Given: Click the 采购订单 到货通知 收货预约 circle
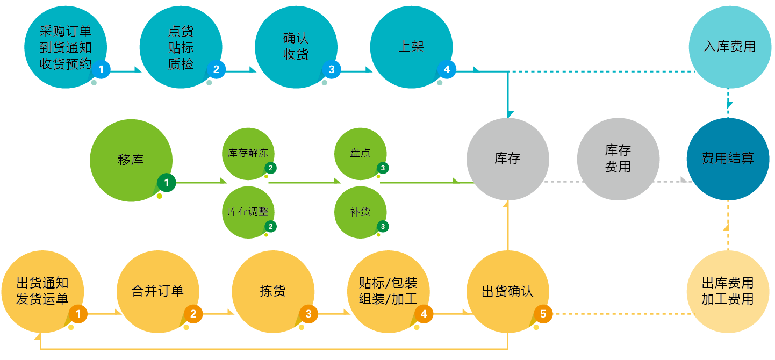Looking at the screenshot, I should pyautogui.click(x=66, y=47).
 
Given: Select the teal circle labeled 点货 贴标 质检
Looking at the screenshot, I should pyautogui.click(x=181, y=47).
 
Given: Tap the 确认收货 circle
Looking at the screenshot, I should pyautogui.click(x=296, y=47).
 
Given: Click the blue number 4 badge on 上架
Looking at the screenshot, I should pyautogui.click(x=447, y=69).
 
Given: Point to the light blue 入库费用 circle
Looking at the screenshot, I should pyautogui.click(x=730, y=47).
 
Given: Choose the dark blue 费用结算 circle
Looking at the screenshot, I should pyautogui.click(x=728, y=159).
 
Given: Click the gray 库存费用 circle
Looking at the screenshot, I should pyautogui.click(x=618, y=159).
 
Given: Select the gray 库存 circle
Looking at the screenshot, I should pyautogui.click(x=507, y=159).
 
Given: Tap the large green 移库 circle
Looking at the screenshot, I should pyautogui.click(x=131, y=160).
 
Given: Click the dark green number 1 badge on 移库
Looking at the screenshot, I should pyautogui.click(x=167, y=183).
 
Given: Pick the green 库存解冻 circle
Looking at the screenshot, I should pyautogui.click(x=248, y=154).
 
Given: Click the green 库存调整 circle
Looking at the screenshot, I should pyautogui.click(x=248, y=212).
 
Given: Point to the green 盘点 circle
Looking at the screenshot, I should pyautogui.click(x=360, y=154).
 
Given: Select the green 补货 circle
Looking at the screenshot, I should pyautogui.click(x=360, y=212).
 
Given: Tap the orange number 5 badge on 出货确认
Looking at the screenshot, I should pyautogui.click(x=543, y=314).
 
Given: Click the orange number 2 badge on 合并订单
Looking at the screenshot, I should pyautogui.click(x=193, y=314).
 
